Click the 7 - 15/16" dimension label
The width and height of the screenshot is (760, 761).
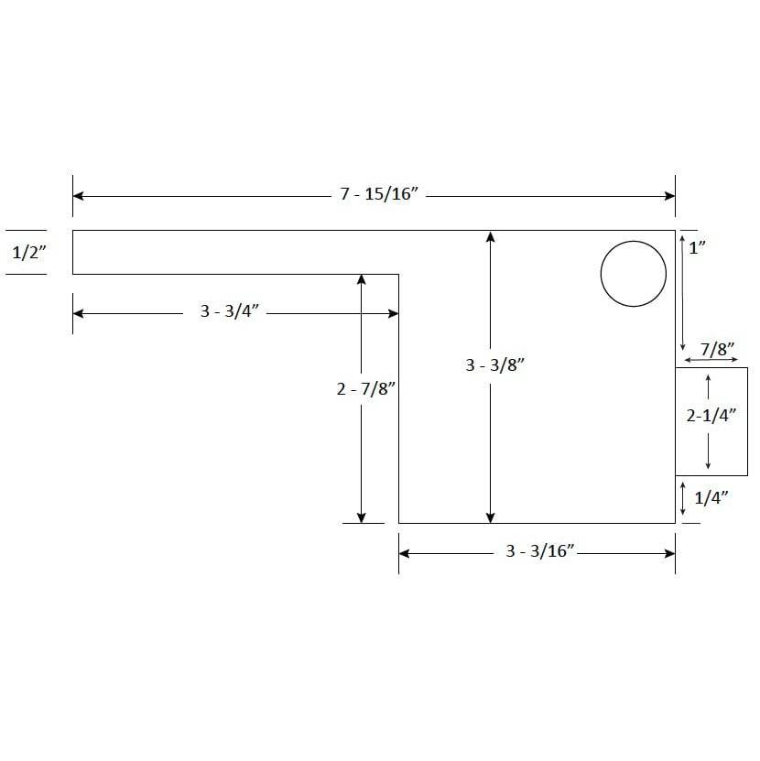click(x=379, y=196)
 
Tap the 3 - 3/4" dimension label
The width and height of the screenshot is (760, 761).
click(x=232, y=312)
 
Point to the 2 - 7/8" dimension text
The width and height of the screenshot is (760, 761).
click(x=364, y=389)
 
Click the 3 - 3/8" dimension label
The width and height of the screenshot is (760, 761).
click(x=494, y=365)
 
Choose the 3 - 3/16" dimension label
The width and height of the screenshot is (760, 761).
click(x=539, y=552)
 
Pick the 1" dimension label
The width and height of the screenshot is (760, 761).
click(x=697, y=247)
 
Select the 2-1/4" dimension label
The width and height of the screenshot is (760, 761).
click(x=711, y=415)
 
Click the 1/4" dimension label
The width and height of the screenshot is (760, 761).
click(x=710, y=498)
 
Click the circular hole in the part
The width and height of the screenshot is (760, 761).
click(x=633, y=274)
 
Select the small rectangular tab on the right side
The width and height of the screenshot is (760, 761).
click(x=711, y=421)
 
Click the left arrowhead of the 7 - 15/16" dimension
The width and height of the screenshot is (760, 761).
click(x=79, y=196)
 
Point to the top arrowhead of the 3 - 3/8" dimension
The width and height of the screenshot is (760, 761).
click(x=491, y=236)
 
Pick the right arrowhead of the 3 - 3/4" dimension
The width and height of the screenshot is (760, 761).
click(x=393, y=313)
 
